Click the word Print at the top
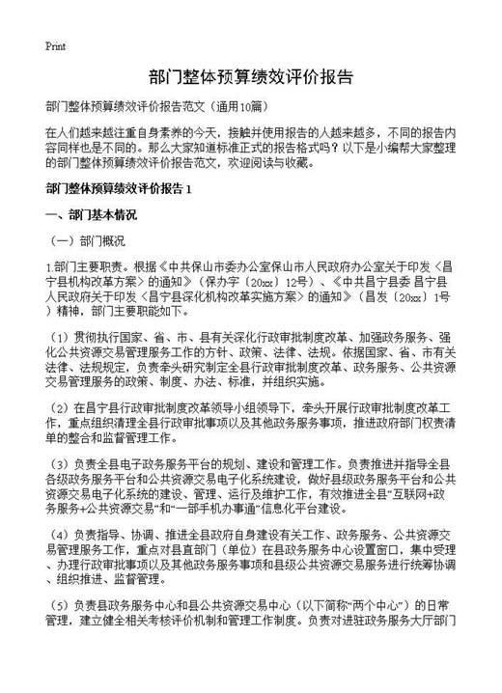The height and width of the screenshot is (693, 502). (x=55, y=45)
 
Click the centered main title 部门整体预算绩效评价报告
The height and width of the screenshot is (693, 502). (x=251, y=76)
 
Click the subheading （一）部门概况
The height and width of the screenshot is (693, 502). (x=88, y=238)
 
